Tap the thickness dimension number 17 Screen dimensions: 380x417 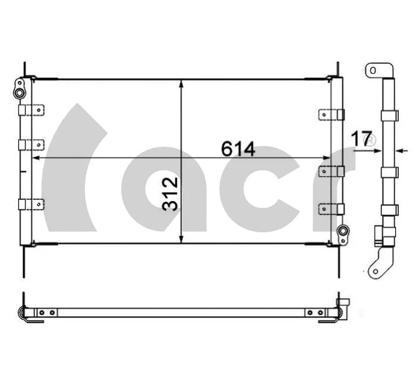[x=361, y=139]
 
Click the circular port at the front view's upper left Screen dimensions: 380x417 [x=20, y=93]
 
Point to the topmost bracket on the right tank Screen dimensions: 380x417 [x=331, y=115]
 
